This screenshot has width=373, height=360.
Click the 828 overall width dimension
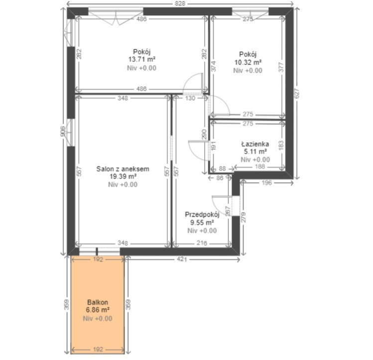pyautogui.click(x=180, y=3)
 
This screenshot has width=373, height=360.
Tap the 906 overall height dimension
pyautogui.click(x=63, y=131)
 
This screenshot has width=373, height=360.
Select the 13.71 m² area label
pyautogui.click(x=142, y=59)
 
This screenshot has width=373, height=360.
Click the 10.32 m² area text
pyautogui.click(x=248, y=62)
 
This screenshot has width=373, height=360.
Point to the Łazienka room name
pyautogui.click(x=255, y=144)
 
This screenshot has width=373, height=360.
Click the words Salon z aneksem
pyautogui.click(x=123, y=169)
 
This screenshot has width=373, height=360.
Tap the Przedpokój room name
pyautogui.click(x=202, y=215)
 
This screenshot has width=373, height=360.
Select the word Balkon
pyautogui.click(x=98, y=302)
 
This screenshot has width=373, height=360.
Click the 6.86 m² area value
pyautogui.click(x=98, y=310)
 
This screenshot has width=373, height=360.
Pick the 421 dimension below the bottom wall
pyautogui.click(x=182, y=259)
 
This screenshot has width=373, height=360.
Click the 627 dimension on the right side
pyautogui.click(x=297, y=93)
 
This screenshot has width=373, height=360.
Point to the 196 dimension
pyautogui.click(x=266, y=183)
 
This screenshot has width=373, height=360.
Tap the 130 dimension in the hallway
pyautogui.click(x=190, y=98)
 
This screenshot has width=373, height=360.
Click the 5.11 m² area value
pyautogui.click(x=255, y=151)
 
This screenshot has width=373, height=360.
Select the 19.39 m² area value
pyautogui.click(x=123, y=176)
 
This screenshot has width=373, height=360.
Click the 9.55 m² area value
pyautogui.click(x=202, y=223)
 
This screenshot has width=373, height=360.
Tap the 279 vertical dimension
pyautogui.click(x=244, y=217)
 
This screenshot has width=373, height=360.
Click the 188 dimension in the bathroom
pyautogui.click(x=260, y=166)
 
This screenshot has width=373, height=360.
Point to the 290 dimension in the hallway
pyautogui.click(x=204, y=134)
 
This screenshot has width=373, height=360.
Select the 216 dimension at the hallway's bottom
pyautogui.click(x=202, y=243)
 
